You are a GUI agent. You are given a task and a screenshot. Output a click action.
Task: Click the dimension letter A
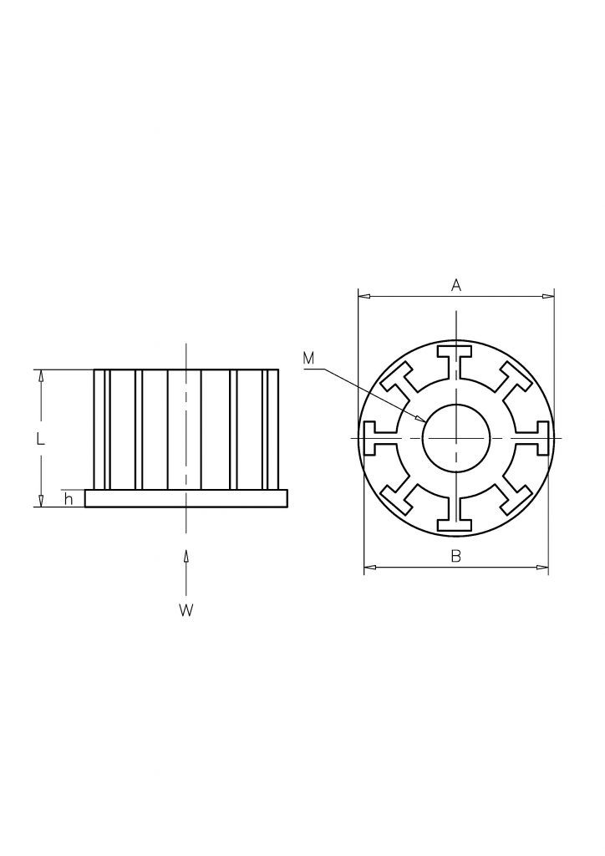(456, 284)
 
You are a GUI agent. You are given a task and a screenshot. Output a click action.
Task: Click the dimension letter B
(456, 556)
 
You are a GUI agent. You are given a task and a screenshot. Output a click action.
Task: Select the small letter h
(69, 498)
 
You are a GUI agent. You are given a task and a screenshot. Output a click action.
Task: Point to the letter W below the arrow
(186, 610)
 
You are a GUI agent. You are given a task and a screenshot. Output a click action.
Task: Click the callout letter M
(309, 358)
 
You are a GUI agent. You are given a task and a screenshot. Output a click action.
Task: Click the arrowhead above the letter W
(186, 556)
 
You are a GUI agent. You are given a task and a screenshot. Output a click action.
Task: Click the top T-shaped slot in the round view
(456, 363)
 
